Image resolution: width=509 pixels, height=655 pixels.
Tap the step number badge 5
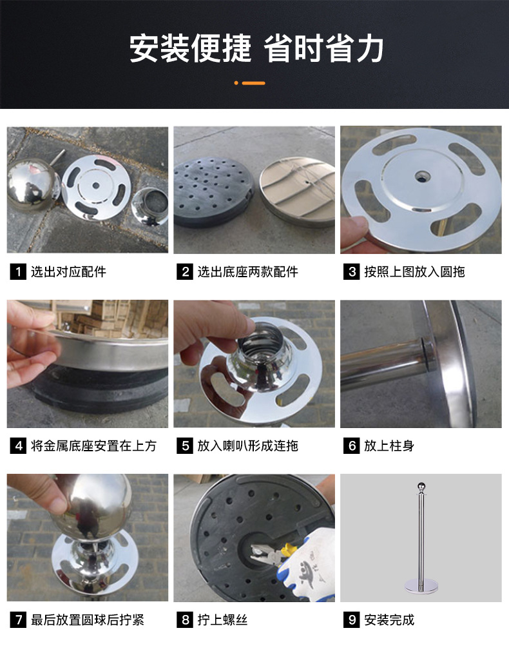pyautogui.click(x=185, y=445)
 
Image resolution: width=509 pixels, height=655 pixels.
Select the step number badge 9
pyautogui.click(x=351, y=620)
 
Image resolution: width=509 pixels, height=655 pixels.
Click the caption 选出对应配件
pyautogui.click(x=68, y=271)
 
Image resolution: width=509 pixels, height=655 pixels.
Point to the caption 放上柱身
pyautogui.click(x=389, y=445)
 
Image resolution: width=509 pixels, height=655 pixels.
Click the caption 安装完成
pyautogui.click(x=389, y=620)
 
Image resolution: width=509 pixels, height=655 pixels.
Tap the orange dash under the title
pyautogui.click(x=253, y=83)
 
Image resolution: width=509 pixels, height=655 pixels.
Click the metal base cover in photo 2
pyautogui.click(x=296, y=190)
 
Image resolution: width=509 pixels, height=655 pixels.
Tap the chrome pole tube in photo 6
pyautogui.click(x=380, y=364)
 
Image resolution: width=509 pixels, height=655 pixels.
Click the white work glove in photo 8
pyautogui.click(x=306, y=567)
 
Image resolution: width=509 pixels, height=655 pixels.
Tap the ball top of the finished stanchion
pyautogui.click(x=420, y=487)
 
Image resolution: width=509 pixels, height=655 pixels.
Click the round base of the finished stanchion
pyautogui.click(x=420, y=586)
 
